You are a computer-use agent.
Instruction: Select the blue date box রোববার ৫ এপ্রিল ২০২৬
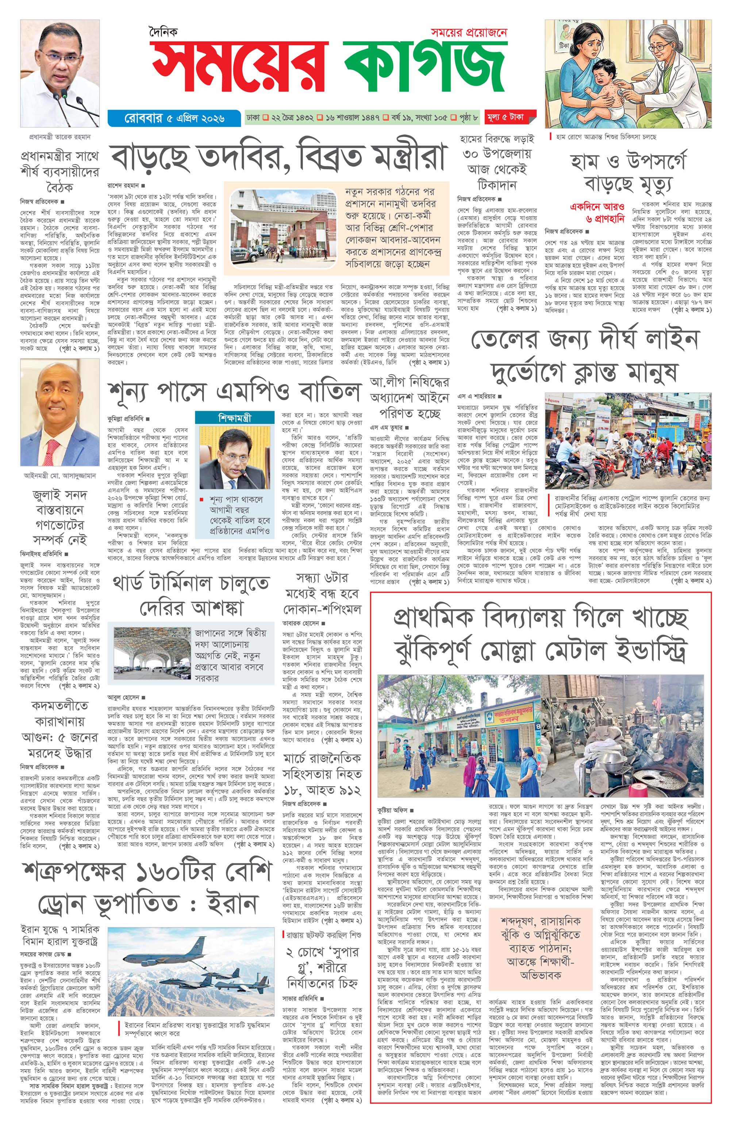tap(174, 118)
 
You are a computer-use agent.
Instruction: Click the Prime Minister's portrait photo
tap(60, 73)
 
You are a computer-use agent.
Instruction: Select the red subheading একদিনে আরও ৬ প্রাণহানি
tap(597, 213)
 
